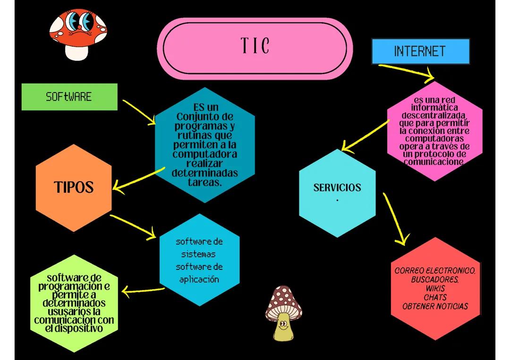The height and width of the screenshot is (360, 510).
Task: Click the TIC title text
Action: (255, 46)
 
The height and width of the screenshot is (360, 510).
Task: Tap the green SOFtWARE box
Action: (69, 97)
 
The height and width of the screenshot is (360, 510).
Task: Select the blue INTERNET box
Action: (420, 51)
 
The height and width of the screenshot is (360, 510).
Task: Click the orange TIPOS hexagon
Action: (74, 187)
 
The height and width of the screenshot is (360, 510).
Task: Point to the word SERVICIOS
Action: (337, 187)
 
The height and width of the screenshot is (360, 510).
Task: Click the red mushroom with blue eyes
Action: (78, 33)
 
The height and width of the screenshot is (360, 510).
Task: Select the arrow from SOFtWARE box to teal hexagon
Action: (139, 112)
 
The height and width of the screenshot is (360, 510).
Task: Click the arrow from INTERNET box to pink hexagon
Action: (406, 71)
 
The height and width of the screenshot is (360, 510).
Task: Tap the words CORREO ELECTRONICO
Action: (435, 271)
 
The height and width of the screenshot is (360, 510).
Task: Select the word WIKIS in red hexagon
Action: (435, 288)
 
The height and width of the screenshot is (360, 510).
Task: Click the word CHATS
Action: (435, 297)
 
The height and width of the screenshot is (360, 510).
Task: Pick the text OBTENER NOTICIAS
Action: (435, 306)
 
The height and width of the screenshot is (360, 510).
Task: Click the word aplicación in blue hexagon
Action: (199, 279)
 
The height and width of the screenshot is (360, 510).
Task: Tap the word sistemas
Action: (198, 254)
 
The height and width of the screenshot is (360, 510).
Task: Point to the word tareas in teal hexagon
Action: (204, 182)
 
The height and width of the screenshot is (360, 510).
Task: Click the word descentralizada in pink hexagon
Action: (434, 116)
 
